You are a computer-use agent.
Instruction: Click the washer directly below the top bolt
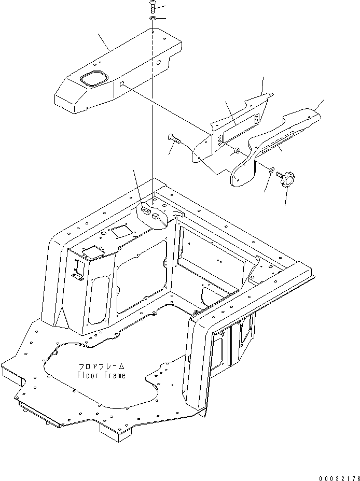[x=154, y=19]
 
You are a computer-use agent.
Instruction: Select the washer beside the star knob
[x=272, y=169]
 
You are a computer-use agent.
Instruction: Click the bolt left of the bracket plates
[x=174, y=139]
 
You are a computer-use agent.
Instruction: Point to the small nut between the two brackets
[x=236, y=151]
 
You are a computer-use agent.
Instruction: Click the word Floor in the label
[x=87, y=375]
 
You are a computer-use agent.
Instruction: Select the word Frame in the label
[x=114, y=375]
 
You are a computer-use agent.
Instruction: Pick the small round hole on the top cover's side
[x=121, y=84]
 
